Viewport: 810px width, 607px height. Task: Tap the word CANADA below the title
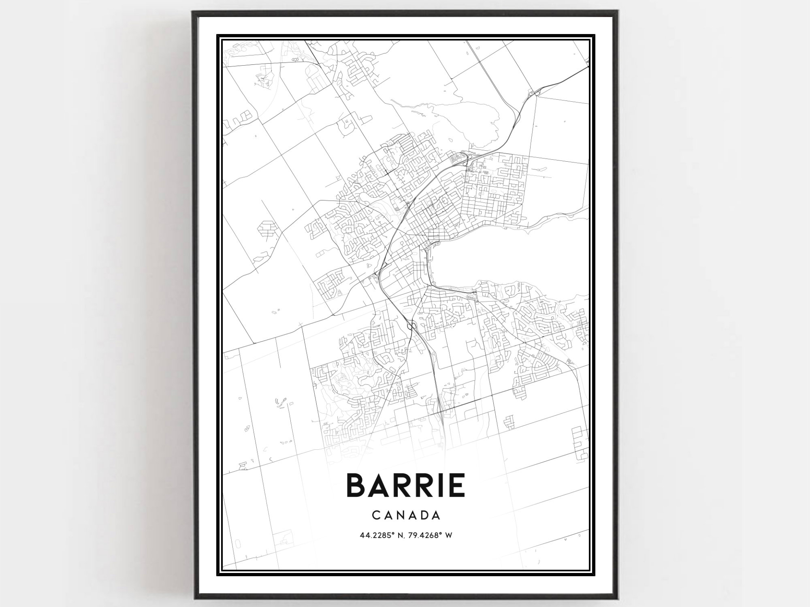coord(406,515)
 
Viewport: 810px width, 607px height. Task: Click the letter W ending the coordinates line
coord(449,536)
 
